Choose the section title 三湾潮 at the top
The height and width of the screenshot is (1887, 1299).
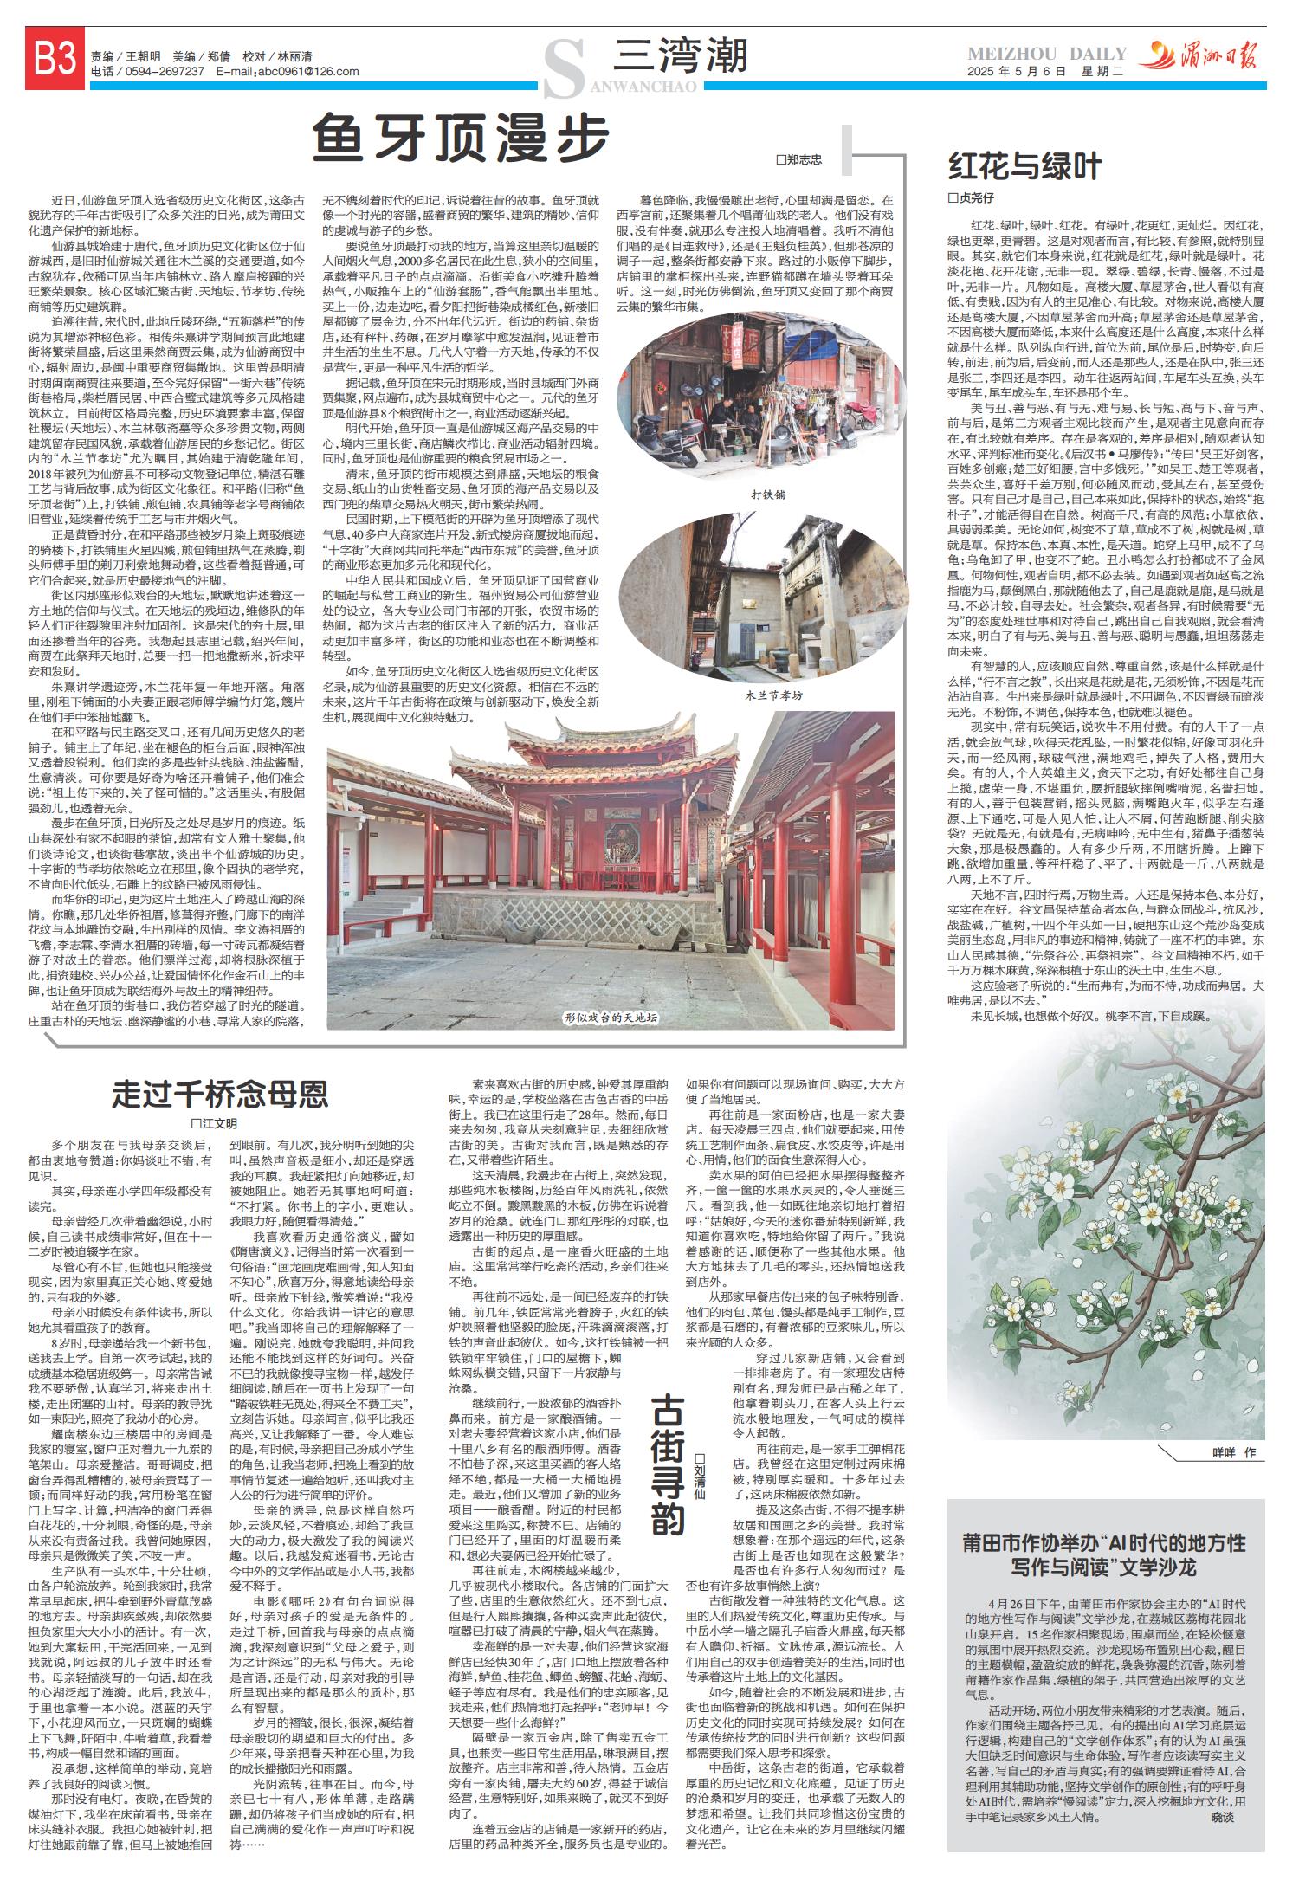coord(679,58)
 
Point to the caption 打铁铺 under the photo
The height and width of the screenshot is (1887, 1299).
coord(769,494)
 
